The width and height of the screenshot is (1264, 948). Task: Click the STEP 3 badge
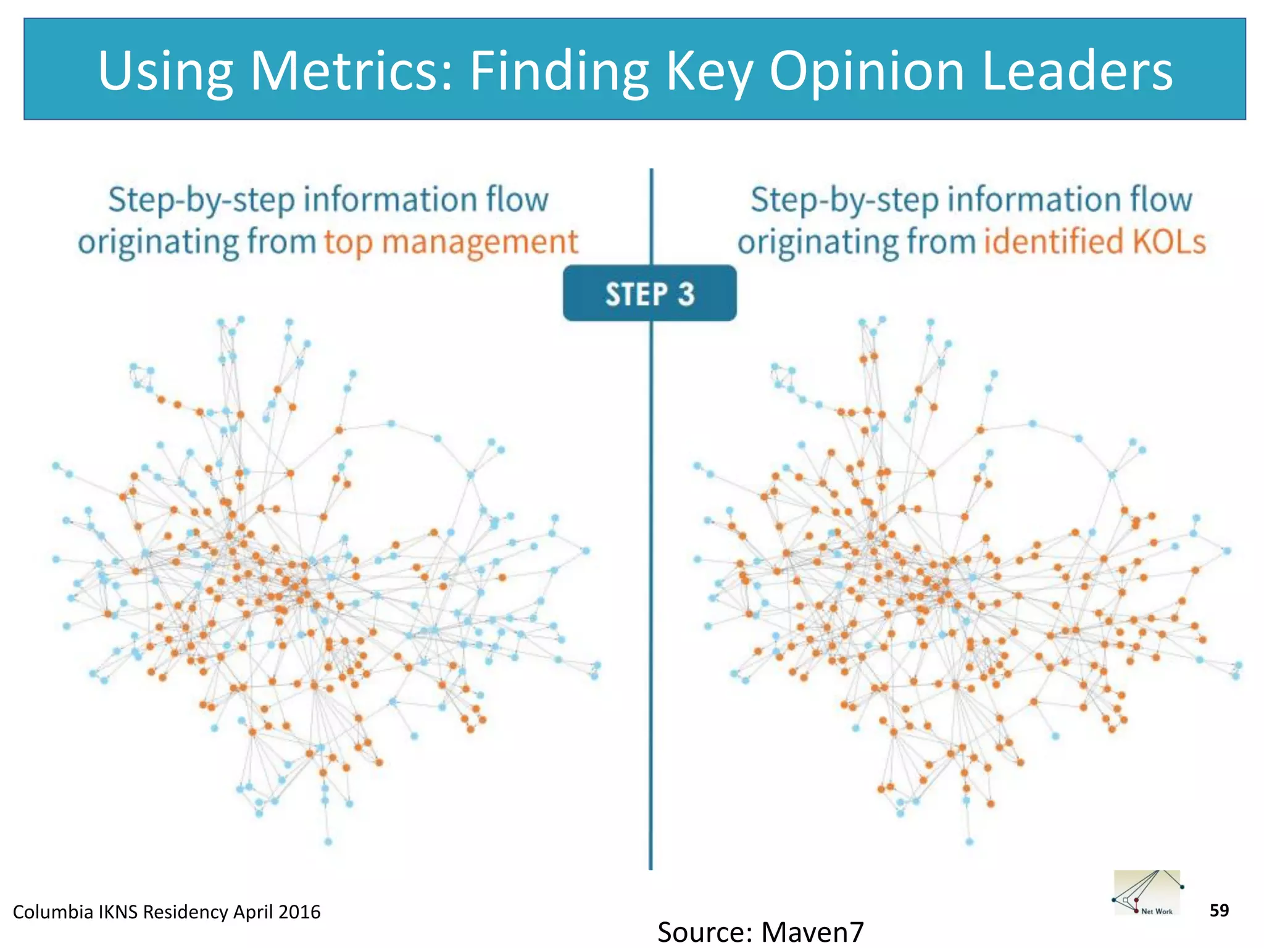[649, 294]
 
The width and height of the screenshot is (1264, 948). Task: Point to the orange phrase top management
[451, 242]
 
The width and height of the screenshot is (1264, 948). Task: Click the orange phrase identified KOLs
[1094, 242]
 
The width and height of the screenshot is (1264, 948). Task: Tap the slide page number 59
[1219, 910]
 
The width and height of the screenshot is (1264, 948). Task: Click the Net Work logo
[1147, 893]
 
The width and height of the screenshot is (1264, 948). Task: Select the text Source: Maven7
[760, 931]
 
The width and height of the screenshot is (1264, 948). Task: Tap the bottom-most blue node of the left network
[328, 842]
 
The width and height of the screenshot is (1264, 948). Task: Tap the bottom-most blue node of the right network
[970, 842]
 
